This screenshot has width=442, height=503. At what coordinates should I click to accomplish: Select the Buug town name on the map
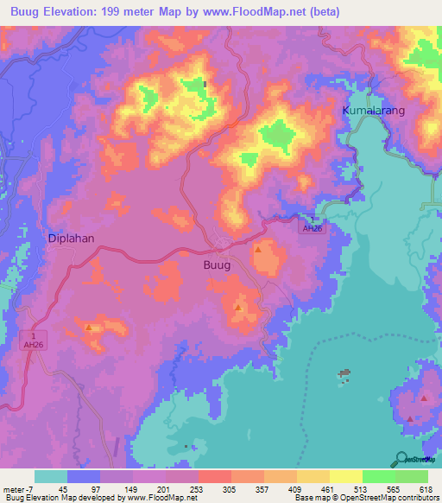click(217, 265)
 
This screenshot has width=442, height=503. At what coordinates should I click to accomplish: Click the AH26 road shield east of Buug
click(311, 228)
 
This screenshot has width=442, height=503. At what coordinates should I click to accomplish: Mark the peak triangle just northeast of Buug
click(257, 249)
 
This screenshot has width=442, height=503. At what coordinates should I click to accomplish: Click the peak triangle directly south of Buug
click(238, 307)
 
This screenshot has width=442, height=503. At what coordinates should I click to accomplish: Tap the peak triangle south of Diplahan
click(89, 327)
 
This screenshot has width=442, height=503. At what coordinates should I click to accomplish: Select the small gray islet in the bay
click(345, 374)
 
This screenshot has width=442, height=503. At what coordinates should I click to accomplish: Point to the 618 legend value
click(425, 490)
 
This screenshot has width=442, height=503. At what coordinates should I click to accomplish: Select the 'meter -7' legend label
click(16, 490)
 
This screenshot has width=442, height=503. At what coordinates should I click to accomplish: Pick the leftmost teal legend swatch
click(51, 476)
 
